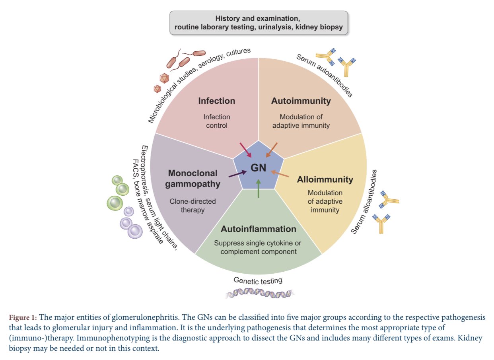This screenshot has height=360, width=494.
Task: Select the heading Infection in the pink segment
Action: coord(216,101)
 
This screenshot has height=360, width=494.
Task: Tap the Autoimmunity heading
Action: coord(301,101)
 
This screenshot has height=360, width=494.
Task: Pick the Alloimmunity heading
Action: coord(325,179)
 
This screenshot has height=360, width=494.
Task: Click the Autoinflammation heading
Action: coord(259,229)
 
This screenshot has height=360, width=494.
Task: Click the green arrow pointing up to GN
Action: coord(259,189)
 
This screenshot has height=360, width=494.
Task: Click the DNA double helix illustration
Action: coord(259,294)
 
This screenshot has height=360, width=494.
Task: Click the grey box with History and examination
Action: coord(259,23)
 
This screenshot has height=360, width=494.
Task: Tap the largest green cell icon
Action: coord(115,202)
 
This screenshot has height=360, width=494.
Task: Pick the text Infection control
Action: coord(217,121)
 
